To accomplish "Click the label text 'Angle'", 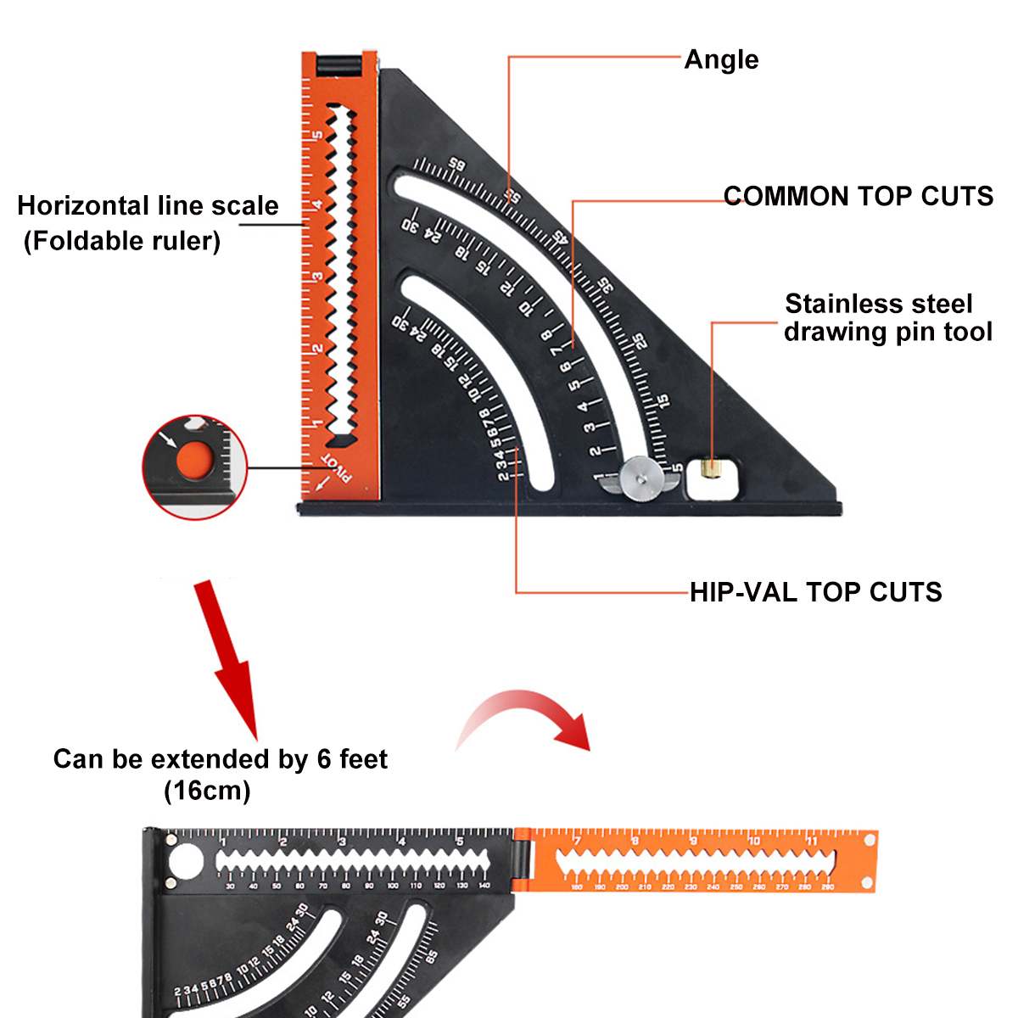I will coord(721,59).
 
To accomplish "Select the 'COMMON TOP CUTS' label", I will coord(858,196).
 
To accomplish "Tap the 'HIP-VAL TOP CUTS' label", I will coord(815,591).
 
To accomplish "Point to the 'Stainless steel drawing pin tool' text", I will coord(887,317).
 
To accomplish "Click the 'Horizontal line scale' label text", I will coord(148,205).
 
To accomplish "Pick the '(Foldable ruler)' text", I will coord(122,241).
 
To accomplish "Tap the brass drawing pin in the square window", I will coord(711,469).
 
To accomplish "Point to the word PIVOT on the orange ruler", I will coord(337,467).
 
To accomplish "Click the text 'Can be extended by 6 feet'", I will coord(220,758).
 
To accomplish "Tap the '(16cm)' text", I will coord(207,791).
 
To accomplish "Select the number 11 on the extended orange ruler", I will coord(812,841).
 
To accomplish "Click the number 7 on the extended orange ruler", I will coord(577,841).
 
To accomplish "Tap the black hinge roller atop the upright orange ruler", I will coord(338,64).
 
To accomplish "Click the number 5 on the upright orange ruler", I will coord(316,136).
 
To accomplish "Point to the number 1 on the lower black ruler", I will coord(222,841).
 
